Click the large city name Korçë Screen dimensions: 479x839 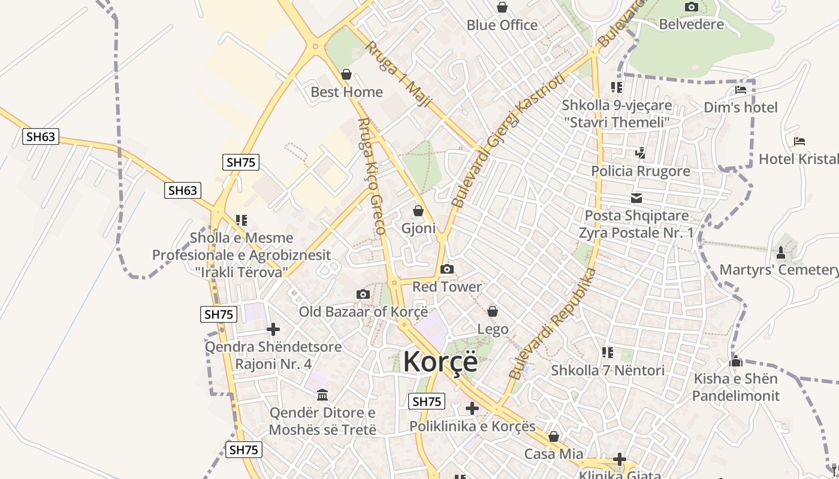[x=440, y=362]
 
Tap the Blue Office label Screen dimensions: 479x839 [x=502, y=25]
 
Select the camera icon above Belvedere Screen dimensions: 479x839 [x=691, y=7]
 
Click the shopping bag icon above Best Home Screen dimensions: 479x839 [x=346, y=75]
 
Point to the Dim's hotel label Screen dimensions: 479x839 [x=740, y=108]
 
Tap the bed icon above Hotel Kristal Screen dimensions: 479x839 [x=799, y=142]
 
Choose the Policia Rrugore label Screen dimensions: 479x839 [x=640, y=171]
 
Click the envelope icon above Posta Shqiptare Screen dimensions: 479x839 [x=636, y=198]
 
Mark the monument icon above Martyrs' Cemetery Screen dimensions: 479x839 [x=780, y=252]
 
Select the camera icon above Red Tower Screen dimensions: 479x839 [x=446, y=269]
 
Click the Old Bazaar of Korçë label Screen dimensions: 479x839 [x=363, y=312]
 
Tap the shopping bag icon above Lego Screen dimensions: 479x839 [x=492, y=311]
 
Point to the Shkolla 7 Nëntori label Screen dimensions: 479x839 [x=608, y=371]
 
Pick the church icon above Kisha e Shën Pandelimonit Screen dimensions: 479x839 [x=735, y=361]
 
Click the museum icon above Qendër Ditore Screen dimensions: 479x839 [x=322, y=395]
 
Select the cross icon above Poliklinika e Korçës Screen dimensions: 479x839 [x=472, y=408]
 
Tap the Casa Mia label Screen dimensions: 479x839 [x=553, y=454]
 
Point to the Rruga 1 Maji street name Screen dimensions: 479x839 [x=398, y=74]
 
